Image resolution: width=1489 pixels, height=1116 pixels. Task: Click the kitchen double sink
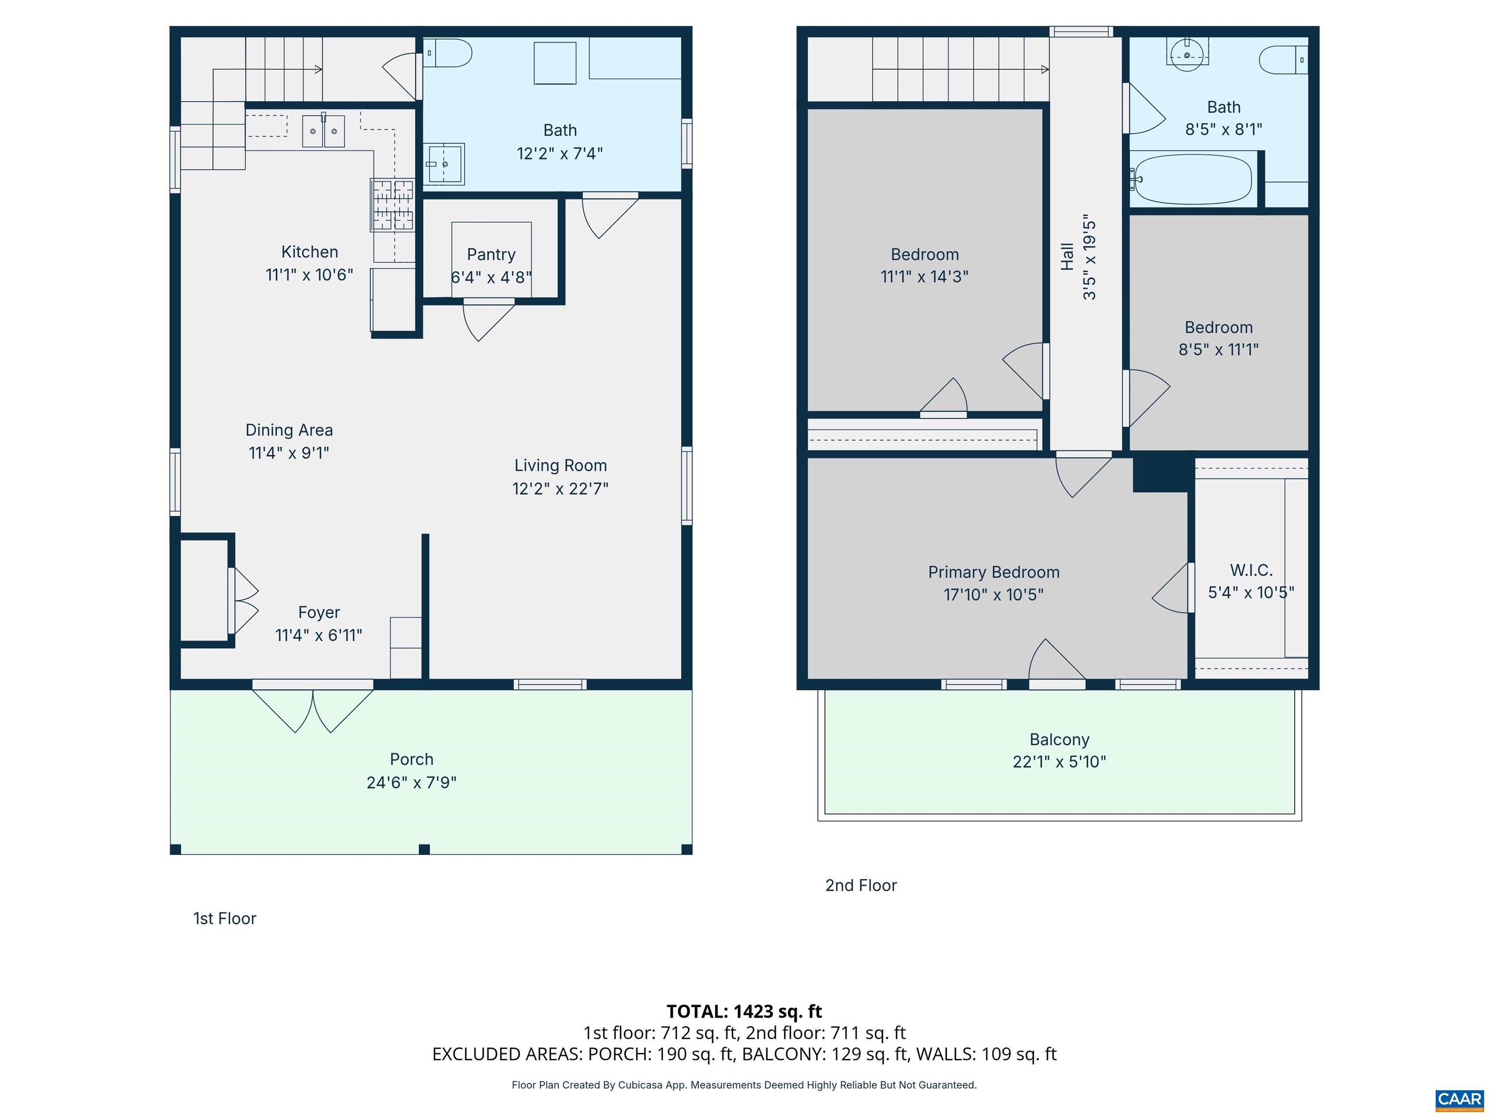pos(323,130)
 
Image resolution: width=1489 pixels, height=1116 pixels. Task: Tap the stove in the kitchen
pos(393,205)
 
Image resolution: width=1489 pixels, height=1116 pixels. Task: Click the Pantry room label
pos(491,254)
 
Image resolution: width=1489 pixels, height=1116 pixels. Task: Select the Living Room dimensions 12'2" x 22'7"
pos(560,488)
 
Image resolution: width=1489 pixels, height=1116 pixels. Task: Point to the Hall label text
pos(1067,257)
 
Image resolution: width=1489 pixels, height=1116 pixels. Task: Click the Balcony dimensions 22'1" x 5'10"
pos(1060,761)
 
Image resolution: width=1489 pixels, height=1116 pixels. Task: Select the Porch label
pos(412,759)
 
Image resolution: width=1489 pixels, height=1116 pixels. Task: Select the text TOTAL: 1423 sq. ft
pos(744,1011)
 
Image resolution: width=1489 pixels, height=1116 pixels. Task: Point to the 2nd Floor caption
pos(861,885)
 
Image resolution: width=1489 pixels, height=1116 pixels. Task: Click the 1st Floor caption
pos(225,918)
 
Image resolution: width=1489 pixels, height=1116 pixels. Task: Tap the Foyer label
pos(318,612)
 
